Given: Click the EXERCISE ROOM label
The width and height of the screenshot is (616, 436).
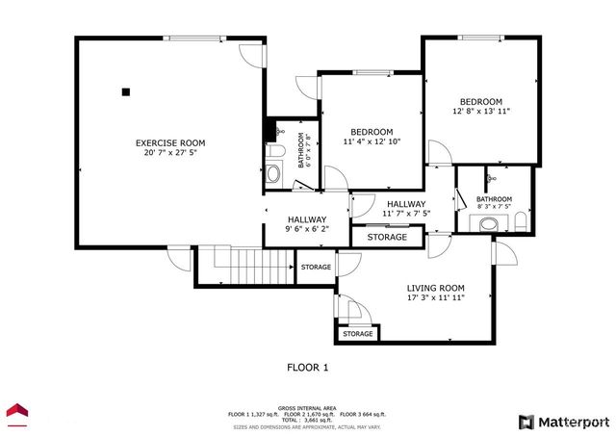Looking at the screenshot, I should point(169,143).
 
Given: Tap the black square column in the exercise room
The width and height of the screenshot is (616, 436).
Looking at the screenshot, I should point(125,92).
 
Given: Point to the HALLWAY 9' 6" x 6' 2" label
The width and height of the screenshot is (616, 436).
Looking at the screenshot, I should point(306,224).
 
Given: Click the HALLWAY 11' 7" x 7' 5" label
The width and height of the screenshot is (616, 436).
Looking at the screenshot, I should point(406,209).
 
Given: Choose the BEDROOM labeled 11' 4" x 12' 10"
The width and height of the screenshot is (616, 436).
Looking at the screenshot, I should point(371,138).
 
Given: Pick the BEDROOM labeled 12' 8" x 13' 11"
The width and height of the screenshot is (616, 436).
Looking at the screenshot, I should point(480,107).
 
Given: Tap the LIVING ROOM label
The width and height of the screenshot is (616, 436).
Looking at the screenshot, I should point(435,293).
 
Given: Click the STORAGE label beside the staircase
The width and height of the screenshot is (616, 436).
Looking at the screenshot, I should point(316,267).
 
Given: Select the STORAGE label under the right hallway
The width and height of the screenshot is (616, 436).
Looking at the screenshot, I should point(387,237).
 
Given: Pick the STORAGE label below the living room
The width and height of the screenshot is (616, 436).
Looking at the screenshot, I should point(358,333).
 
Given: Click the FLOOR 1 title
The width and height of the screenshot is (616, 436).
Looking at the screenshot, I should point(308,367).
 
